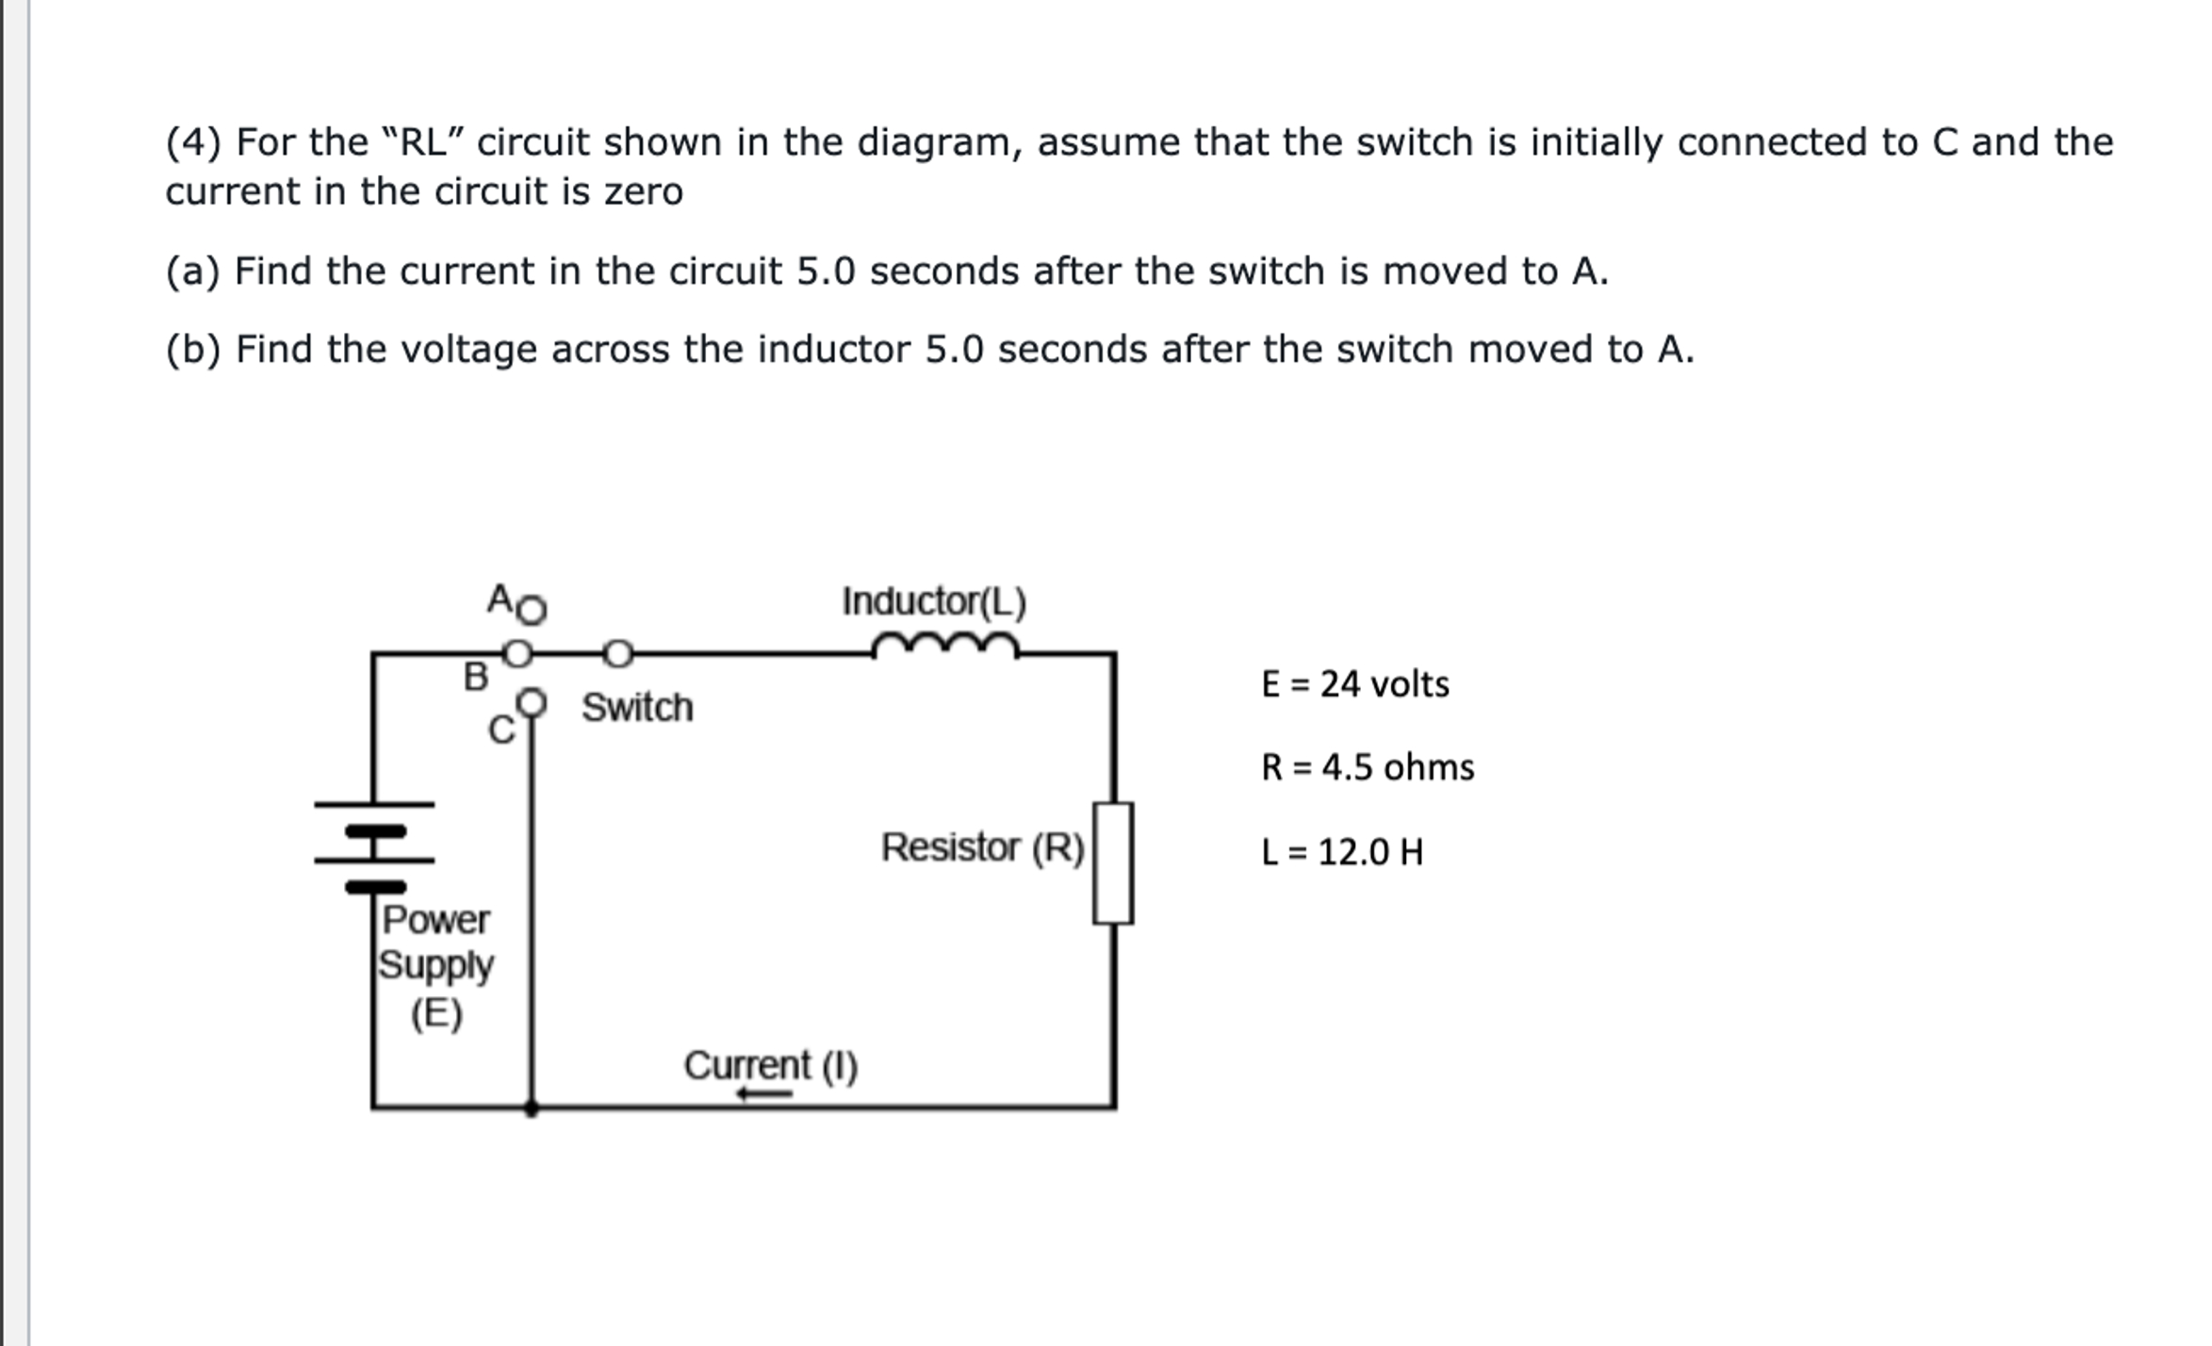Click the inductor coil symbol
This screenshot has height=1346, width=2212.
945,647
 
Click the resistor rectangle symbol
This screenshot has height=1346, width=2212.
1113,862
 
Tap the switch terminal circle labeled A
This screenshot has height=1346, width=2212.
533,610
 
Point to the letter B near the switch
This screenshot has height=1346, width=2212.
476,677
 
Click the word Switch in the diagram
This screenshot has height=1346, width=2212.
637,707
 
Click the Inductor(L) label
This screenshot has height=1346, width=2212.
934,601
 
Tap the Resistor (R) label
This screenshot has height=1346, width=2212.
983,846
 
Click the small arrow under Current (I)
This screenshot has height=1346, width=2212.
764,1093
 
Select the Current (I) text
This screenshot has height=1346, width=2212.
771,1065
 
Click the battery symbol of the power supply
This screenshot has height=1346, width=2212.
375,845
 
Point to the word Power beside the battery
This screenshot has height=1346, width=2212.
435,919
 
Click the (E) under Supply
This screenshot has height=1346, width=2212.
436,1013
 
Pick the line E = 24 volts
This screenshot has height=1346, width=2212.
1354,684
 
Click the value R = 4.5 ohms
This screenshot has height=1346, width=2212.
1367,767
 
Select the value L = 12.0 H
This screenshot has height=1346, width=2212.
1341,852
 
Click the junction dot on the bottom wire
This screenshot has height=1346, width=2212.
532,1109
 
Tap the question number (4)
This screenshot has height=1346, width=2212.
193,142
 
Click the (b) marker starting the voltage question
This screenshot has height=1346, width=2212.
193,350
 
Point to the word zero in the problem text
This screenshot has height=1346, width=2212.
644,192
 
